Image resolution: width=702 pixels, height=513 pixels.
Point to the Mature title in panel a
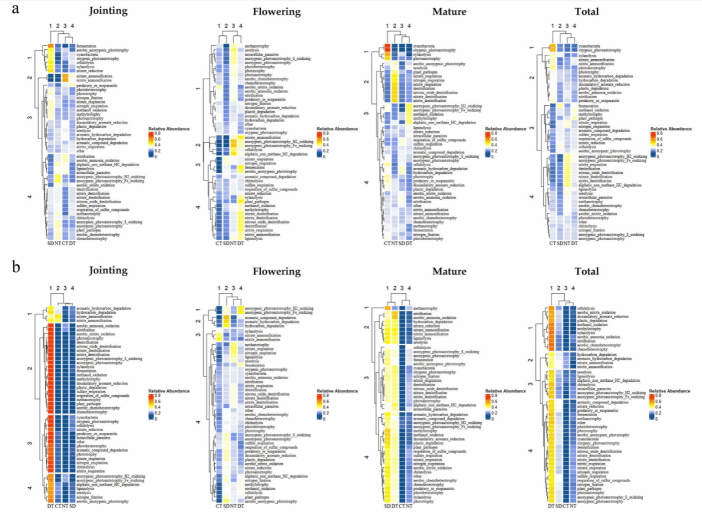pos(449,11)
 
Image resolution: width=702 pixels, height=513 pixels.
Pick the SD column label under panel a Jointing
pos(50,244)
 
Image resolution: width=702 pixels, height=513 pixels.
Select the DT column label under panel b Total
pos(551,506)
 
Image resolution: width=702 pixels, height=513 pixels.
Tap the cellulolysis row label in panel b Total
pos(587,308)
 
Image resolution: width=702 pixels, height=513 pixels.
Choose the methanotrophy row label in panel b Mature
pos(426,308)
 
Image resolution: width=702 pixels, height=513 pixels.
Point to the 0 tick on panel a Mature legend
pos(491,157)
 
